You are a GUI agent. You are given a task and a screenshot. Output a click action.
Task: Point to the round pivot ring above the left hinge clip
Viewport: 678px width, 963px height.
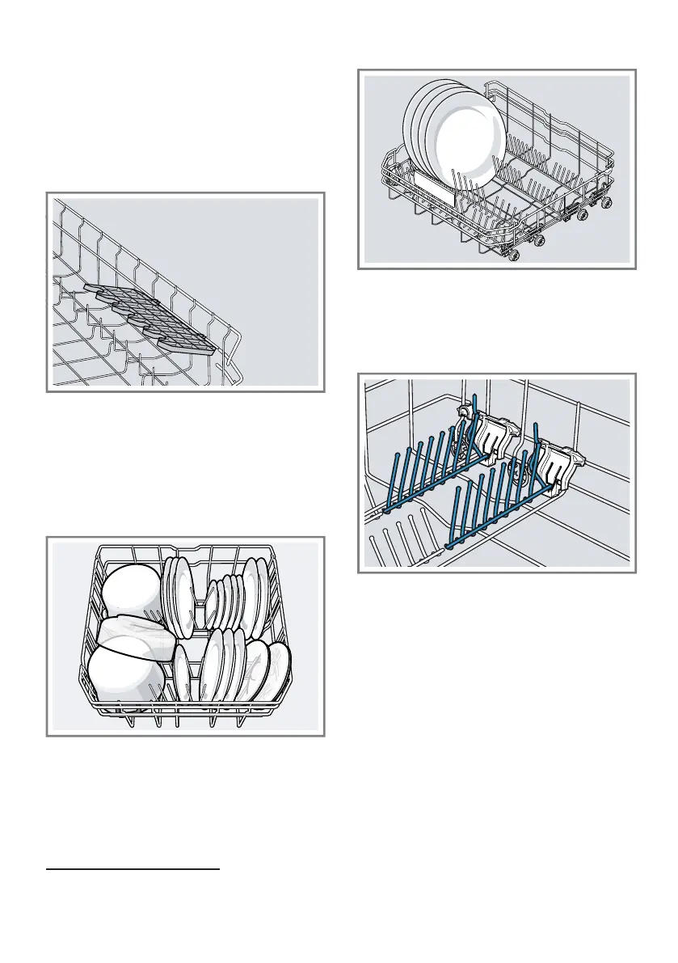[x=465, y=413]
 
